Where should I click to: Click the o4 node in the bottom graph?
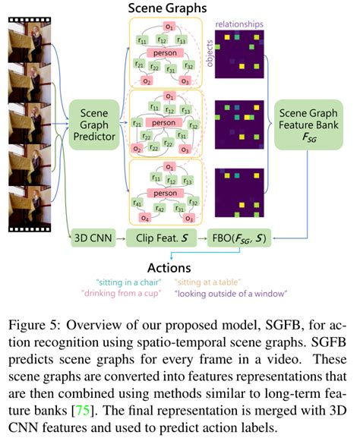[144, 215]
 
